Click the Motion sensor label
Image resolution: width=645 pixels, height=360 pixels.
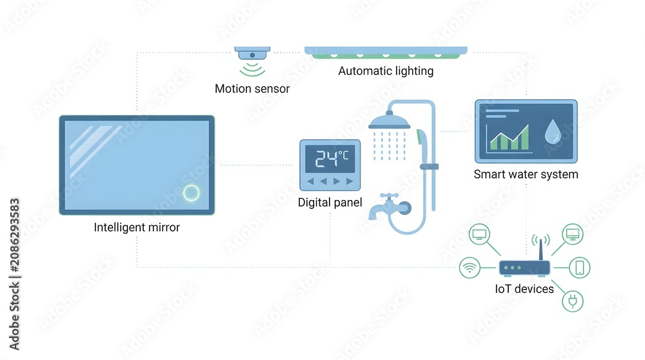pyautogui.click(x=252, y=88)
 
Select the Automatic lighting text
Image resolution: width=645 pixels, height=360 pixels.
pyautogui.click(x=386, y=71)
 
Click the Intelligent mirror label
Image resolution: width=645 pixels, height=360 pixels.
pyautogui.click(x=137, y=227)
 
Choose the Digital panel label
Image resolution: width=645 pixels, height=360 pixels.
pyautogui.click(x=330, y=203)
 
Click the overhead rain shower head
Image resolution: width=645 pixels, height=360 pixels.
pyautogui.click(x=389, y=121)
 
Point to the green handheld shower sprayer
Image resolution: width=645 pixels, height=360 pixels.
pyautogui.click(x=422, y=139)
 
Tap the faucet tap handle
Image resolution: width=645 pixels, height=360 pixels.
pyautogui.click(x=389, y=196)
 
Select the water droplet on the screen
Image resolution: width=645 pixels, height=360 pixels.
pyautogui.click(x=553, y=132)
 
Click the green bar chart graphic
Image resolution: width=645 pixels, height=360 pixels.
pyautogui.click(x=509, y=139)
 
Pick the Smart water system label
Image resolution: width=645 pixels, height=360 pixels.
pyautogui.click(x=526, y=174)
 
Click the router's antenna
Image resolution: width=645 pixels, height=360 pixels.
pyautogui.click(x=541, y=248)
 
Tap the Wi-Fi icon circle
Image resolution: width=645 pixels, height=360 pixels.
pyautogui.click(x=470, y=268)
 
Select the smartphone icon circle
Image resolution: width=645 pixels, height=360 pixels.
pyautogui.click(x=580, y=268)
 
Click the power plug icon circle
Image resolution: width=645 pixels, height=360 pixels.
pyautogui.click(x=573, y=301)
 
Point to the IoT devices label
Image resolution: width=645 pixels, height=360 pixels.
pyautogui.click(x=524, y=289)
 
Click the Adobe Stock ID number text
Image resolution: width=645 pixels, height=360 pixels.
pyautogui.click(x=15, y=235)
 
